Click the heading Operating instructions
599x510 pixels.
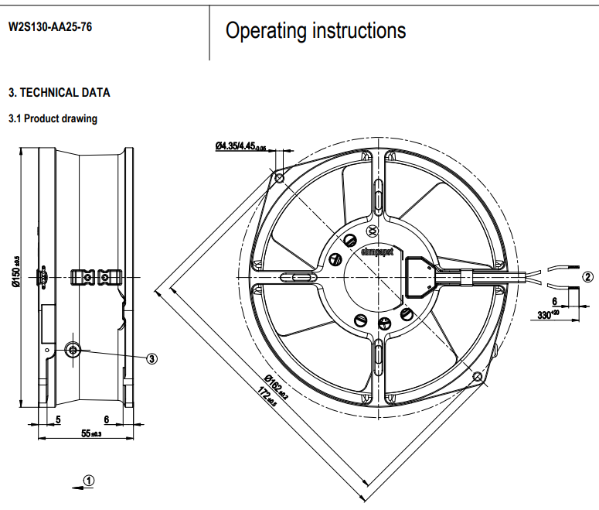pos(315,30)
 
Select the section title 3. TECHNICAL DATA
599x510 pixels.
pos(59,93)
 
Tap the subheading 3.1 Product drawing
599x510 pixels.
pos(53,119)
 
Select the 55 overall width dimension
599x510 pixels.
pos(91,433)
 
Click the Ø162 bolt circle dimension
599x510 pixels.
pos(275,385)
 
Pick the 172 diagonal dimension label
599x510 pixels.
pos(267,399)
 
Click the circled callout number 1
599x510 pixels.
pos(89,480)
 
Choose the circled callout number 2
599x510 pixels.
pos(587,276)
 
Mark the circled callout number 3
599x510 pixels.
pos(152,358)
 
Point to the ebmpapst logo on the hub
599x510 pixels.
pos(377,250)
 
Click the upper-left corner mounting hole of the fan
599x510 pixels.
pos(280,178)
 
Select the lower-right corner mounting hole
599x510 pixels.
pos(477,377)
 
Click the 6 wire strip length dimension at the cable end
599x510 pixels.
pos(554,301)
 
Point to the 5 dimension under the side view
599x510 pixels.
pos(59,420)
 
